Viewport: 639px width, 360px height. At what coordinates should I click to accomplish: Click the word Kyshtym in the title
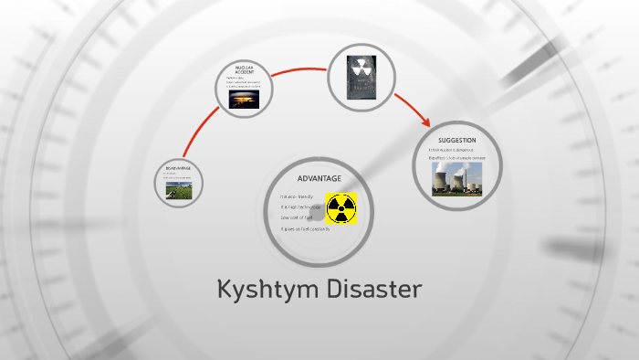(x=265, y=291)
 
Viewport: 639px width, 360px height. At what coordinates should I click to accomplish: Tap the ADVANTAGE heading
(x=319, y=177)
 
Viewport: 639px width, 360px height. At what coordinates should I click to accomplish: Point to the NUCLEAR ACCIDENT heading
(x=243, y=70)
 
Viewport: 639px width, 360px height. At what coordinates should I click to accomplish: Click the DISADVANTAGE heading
(x=177, y=167)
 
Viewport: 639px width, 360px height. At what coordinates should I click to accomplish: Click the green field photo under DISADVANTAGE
(x=178, y=189)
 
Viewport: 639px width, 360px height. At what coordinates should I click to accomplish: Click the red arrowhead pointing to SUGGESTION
(x=425, y=122)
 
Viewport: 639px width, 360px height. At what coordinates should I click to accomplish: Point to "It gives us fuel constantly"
(x=305, y=228)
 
